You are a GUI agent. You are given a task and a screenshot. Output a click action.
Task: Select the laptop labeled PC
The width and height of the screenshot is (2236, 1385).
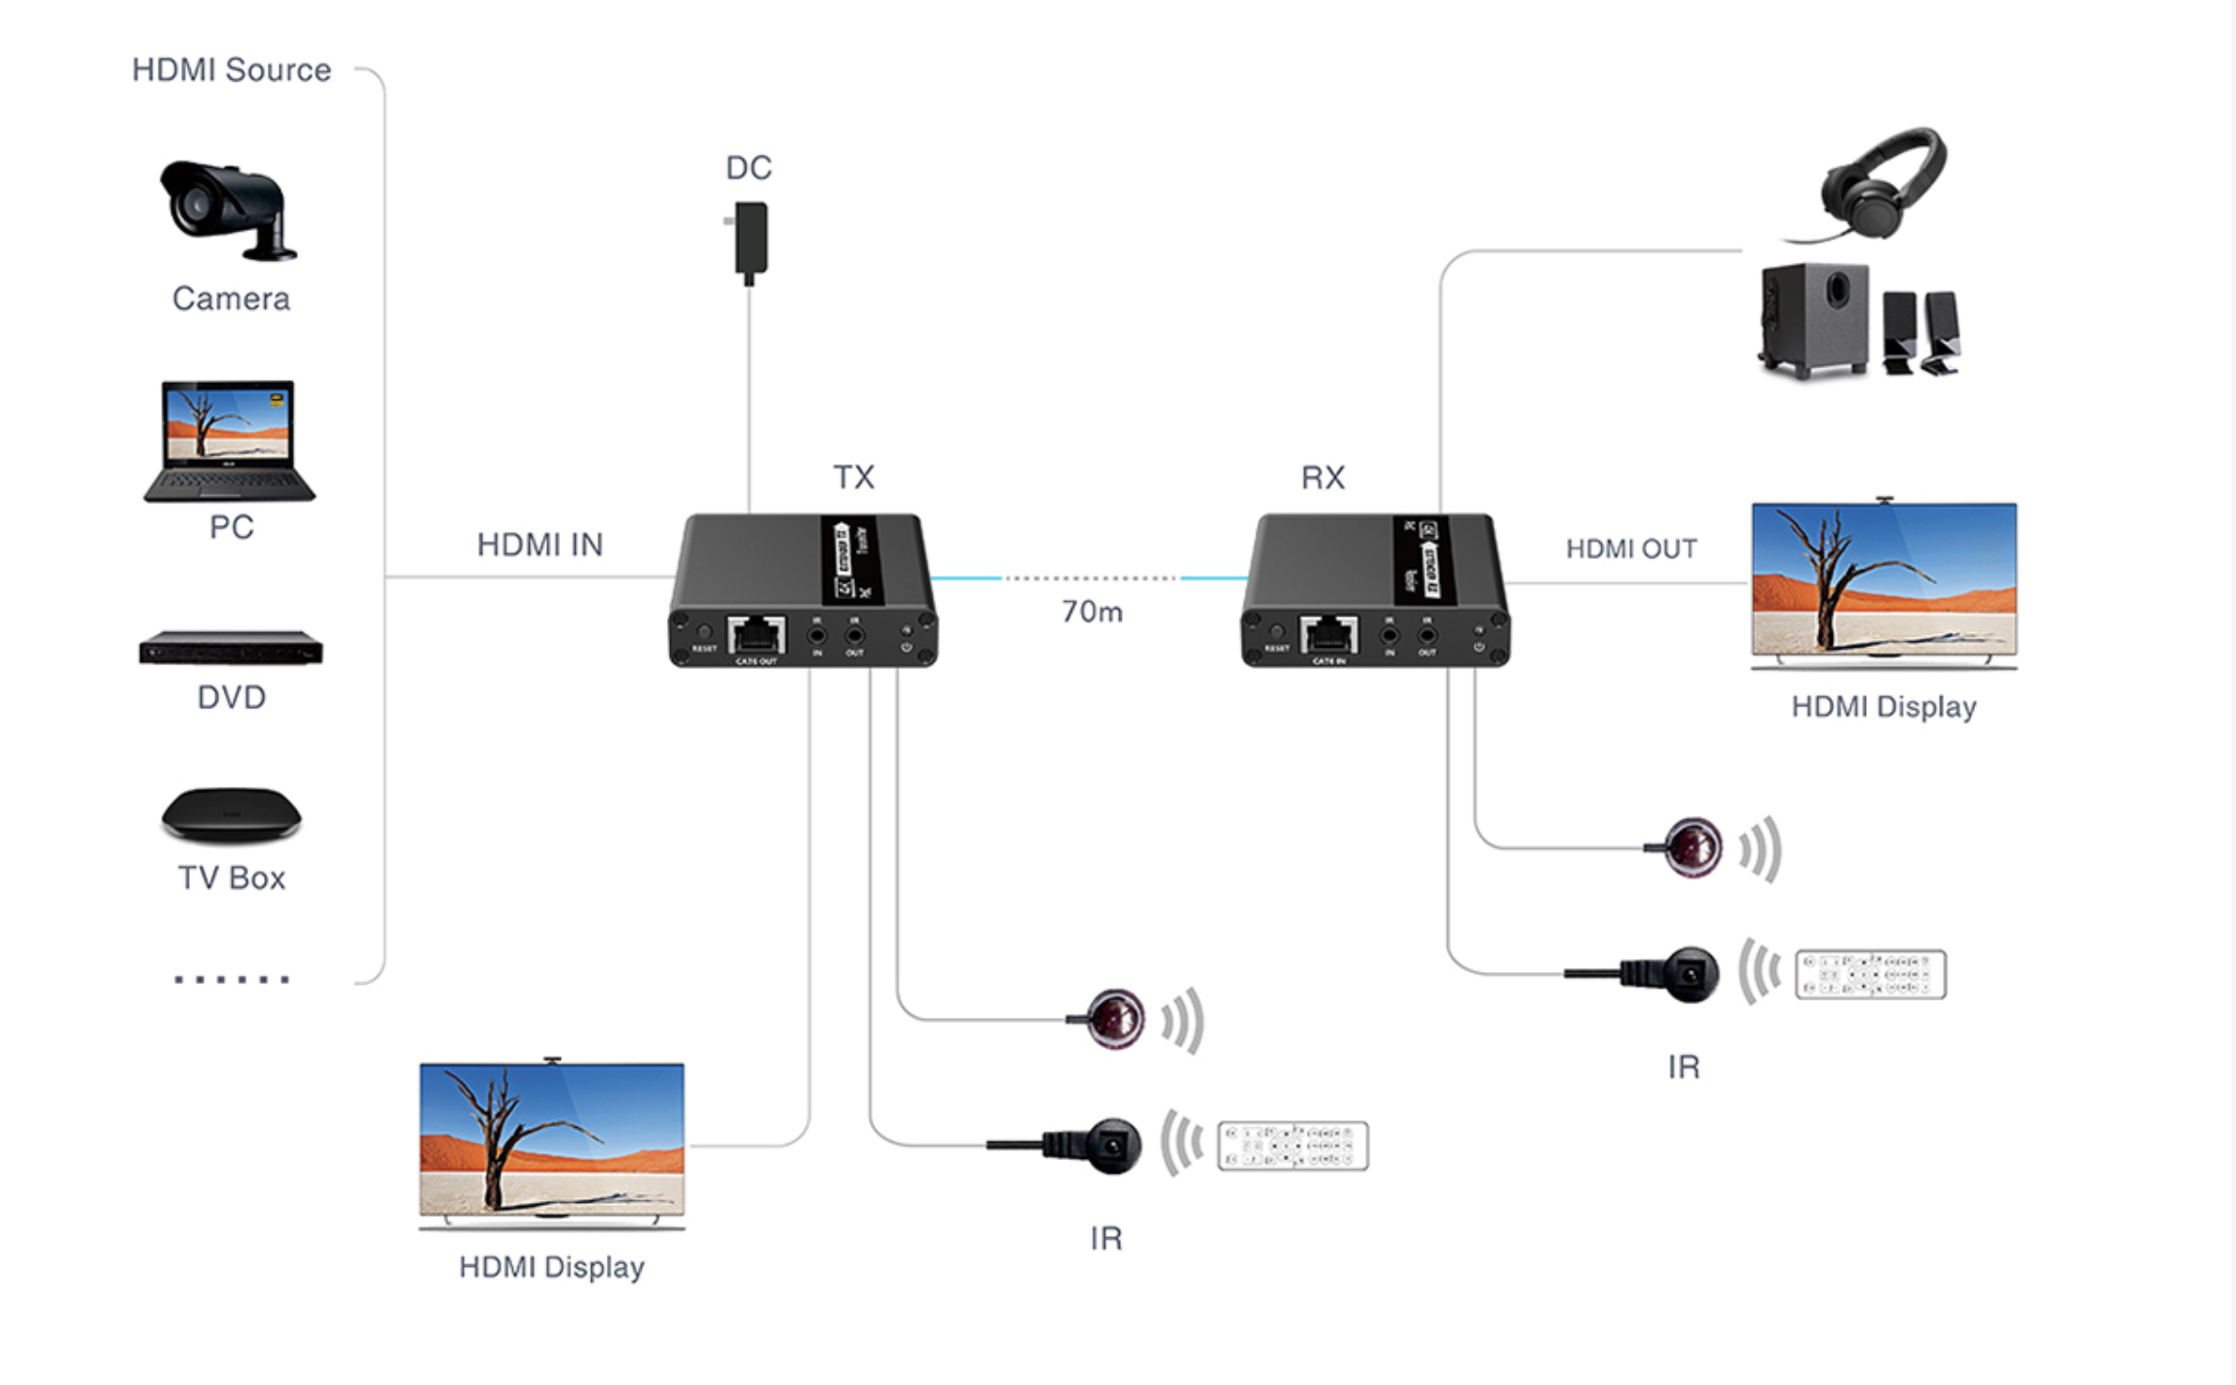(230, 441)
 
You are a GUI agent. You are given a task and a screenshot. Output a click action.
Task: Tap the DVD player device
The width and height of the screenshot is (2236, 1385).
(231, 648)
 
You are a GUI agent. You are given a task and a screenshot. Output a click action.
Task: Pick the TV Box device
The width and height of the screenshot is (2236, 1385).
(231, 814)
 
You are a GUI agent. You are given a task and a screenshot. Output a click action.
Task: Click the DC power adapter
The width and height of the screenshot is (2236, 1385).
(749, 240)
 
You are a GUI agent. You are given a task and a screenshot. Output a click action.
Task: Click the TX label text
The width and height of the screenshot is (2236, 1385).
(854, 477)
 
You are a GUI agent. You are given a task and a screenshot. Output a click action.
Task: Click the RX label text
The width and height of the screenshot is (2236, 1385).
(1323, 477)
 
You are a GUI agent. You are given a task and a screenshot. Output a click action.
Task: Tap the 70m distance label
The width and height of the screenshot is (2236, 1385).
(1092, 612)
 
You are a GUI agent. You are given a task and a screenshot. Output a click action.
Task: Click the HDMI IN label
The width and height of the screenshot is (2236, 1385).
(540, 544)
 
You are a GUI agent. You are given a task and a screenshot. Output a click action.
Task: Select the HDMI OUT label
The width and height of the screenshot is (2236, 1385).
(1631, 549)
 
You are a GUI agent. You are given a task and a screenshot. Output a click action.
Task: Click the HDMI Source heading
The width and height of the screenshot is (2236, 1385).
(232, 70)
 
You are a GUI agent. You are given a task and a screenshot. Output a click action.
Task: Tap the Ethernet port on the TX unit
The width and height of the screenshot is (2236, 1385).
(757, 636)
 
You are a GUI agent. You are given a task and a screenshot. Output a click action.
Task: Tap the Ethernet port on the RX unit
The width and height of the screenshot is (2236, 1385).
(1329, 636)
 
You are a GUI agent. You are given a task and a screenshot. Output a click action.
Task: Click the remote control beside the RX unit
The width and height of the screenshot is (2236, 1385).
(1870, 974)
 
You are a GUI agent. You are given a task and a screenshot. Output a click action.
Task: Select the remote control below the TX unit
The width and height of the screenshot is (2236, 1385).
(1292, 1145)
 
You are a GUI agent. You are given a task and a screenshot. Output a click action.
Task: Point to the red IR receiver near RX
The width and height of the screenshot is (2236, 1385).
(1693, 847)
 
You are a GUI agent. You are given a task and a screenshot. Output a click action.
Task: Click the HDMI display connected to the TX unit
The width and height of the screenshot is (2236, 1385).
(552, 1141)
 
